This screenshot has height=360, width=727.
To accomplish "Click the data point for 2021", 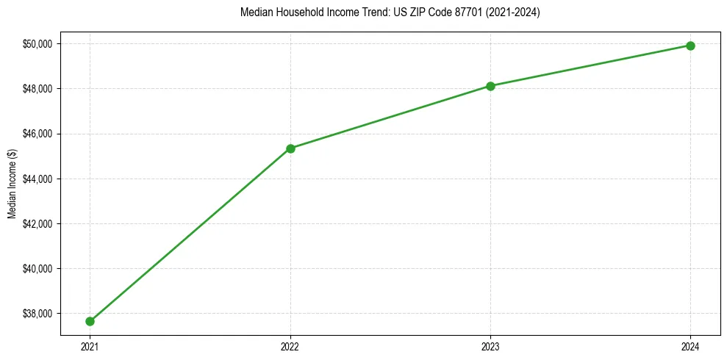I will click(90, 321).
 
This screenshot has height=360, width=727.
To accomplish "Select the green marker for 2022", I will click(290, 148).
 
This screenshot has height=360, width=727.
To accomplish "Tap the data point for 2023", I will click(490, 86).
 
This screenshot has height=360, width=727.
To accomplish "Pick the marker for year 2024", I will click(690, 46).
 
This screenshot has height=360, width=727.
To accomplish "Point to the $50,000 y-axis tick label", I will click(37, 44).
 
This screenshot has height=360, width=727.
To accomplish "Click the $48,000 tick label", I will click(37, 89).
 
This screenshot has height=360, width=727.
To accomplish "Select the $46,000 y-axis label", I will click(37, 134).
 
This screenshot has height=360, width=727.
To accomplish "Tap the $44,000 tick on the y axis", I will click(37, 179).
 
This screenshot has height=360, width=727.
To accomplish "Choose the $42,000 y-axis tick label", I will click(37, 224).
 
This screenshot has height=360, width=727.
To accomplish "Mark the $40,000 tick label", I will click(37, 269).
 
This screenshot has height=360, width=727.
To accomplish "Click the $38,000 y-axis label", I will click(37, 314).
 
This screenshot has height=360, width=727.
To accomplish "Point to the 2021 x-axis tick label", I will click(90, 346).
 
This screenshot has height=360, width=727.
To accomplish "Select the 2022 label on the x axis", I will click(290, 346).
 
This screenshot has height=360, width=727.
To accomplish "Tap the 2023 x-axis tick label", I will click(490, 346).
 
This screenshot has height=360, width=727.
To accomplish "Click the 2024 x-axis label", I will click(690, 346).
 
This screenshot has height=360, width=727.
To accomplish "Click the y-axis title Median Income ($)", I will click(12, 184).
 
